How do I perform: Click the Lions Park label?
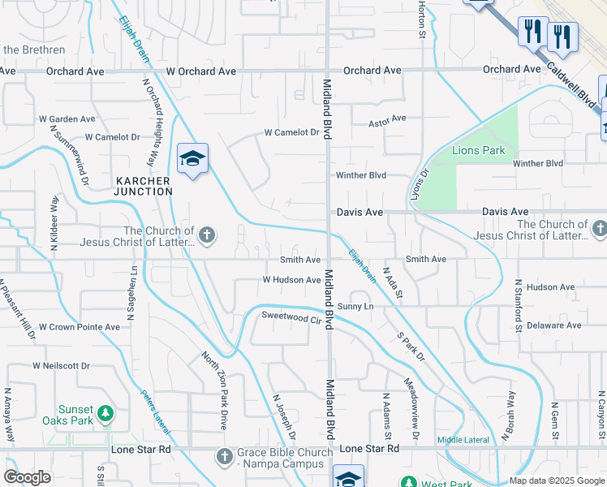tap(478, 150)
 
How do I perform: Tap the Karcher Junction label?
tap(144, 186)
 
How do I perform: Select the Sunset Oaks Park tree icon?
tap(105, 415)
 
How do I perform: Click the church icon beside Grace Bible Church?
tap(225, 457)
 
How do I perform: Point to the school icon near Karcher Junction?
tap(193, 157)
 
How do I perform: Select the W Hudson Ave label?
tap(291, 280)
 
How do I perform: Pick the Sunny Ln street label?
tap(355, 306)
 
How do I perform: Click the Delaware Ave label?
tap(554, 325)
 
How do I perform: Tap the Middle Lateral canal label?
tap(463, 440)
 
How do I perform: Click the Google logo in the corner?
tap(26, 477)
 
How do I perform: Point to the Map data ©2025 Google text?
tap(557, 481)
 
